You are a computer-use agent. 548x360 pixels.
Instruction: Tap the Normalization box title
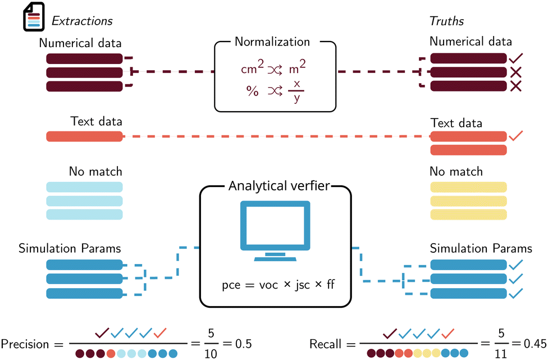(272, 42)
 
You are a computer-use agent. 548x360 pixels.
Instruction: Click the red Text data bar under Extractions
(84, 136)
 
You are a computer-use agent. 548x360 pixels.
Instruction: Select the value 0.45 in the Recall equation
(531, 344)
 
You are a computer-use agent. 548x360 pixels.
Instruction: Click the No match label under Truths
(456, 171)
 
